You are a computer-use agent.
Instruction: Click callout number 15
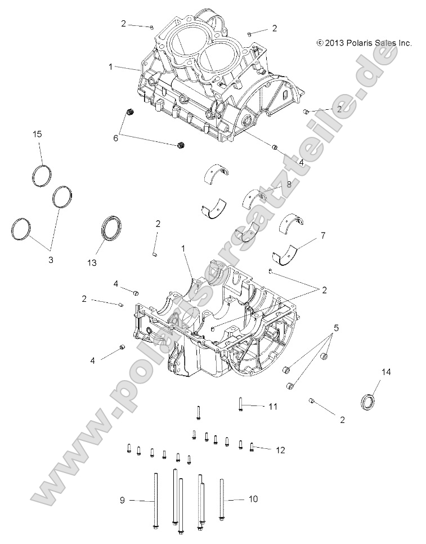(x=37, y=134)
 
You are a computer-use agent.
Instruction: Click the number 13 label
(x=92, y=263)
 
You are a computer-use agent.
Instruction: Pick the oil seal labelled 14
(x=368, y=402)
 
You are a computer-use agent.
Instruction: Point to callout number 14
(x=386, y=372)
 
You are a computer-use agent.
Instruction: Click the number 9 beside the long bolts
(x=122, y=500)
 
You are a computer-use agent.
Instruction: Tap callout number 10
(x=253, y=499)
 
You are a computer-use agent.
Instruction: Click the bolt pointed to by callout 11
(x=240, y=404)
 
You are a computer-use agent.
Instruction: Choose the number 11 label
(x=273, y=406)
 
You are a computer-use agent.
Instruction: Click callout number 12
(x=280, y=449)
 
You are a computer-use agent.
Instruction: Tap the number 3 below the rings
(x=51, y=260)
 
